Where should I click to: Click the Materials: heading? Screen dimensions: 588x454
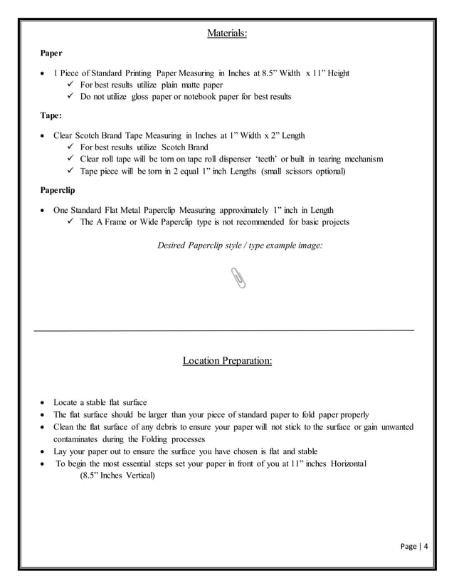(x=227, y=33)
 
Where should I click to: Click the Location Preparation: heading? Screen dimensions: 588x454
(x=227, y=361)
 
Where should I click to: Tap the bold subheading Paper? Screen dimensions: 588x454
(x=51, y=53)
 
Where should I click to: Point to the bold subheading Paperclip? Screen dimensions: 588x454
(x=57, y=190)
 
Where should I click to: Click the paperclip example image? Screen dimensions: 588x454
(x=239, y=278)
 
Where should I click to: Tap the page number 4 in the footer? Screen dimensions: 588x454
(x=427, y=547)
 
